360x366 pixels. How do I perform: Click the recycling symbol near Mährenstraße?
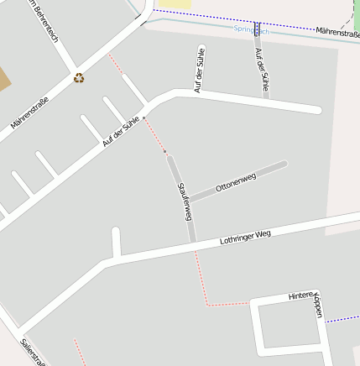point(79,78)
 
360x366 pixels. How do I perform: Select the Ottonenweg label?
point(235,182)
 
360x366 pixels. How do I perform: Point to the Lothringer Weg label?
point(245,237)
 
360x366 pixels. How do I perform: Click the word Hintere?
point(300,295)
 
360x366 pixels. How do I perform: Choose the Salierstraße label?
point(32,353)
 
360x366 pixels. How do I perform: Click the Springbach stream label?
point(251,30)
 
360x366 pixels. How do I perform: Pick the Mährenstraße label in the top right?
point(338,33)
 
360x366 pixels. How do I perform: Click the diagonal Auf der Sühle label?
point(120,133)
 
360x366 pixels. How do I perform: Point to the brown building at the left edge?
point(4,80)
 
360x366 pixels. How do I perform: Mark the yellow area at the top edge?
point(174,4)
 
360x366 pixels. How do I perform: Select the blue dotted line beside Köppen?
point(342,319)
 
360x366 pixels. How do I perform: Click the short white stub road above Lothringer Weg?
point(117,242)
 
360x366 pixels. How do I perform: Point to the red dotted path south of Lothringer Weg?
point(201,277)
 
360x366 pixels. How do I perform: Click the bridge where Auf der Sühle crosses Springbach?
point(257,29)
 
